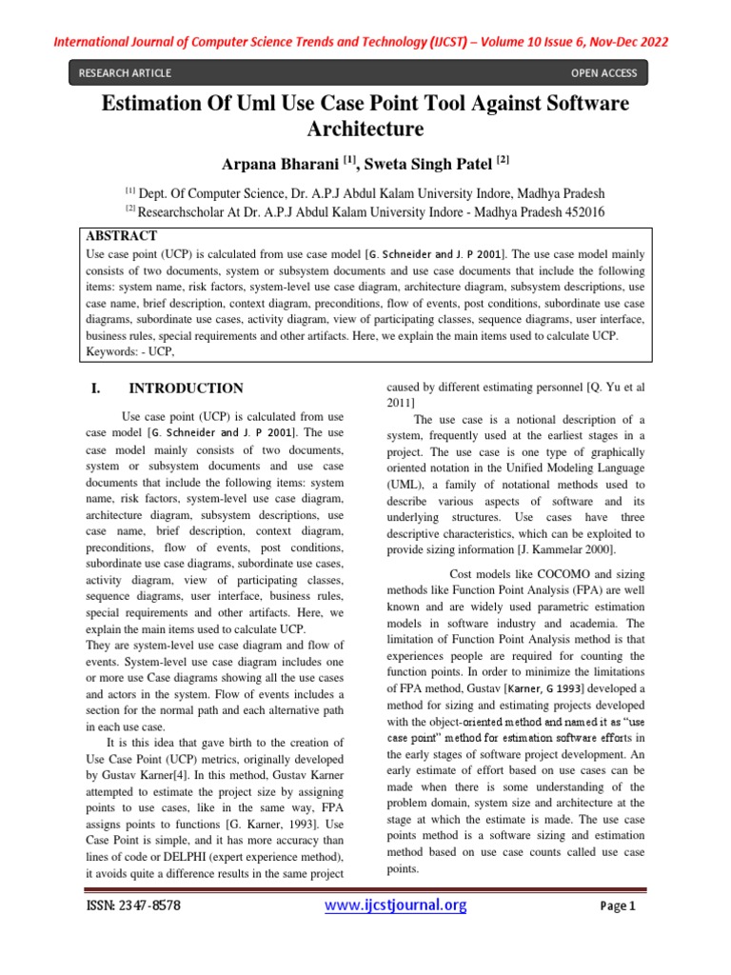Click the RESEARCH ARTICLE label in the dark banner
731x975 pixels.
pyautogui.click(x=126, y=73)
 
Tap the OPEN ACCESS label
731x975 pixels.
pyautogui.click(x=603, y=73)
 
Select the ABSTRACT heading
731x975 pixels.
pyautogui.click(x=122, y=235)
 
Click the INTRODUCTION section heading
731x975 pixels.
pyautogui.click(x=186, y=388)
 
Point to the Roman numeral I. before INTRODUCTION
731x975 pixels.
pyautogui.click(x=95, y=388)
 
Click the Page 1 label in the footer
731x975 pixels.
pyautogui.click(x=618, y=907)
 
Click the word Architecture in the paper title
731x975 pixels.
pyautogui.click(x=365, y=129)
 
